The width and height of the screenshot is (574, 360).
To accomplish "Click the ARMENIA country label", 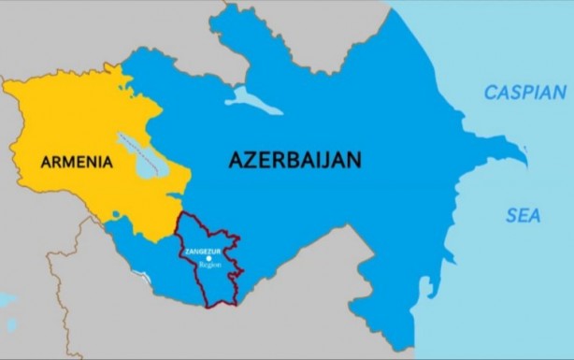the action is (x=77, y=162).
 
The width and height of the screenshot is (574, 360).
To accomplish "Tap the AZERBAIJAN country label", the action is (x=294, y=160).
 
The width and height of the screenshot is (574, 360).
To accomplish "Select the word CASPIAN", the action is (x=524, y=93).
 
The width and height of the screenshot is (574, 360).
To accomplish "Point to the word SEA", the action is (x=524, y=215).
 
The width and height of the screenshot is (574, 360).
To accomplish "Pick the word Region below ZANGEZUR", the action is (x=208, y=266).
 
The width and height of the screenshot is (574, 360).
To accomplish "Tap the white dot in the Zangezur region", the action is (x=208, y=259).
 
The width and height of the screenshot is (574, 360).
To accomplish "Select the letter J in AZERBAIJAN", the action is (x=322, y=160).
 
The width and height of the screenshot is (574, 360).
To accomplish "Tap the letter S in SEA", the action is (x=510, y=215).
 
